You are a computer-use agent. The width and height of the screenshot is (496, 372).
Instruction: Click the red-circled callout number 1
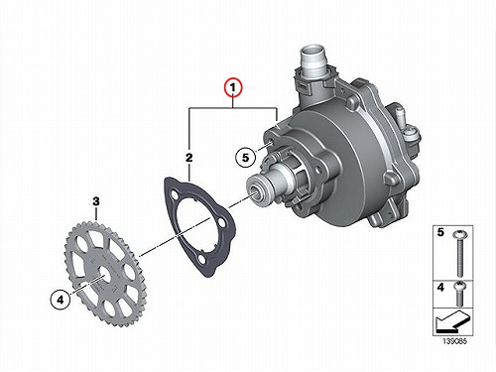pyautogui.click(x=233, y=87)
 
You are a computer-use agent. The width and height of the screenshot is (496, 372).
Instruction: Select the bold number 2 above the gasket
pyautogui.click(x=188, y=158)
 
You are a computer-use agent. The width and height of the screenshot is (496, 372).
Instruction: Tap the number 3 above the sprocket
pyautogui.click(x=96, y=201)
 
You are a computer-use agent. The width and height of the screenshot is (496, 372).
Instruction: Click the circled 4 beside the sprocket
pyautogui.click(x=60, y=300)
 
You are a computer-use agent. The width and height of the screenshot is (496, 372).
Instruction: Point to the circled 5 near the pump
pyautogui.click(x=246, y=157)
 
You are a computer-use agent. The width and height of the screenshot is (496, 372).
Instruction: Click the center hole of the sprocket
pyautogui.click(x=104, y=277)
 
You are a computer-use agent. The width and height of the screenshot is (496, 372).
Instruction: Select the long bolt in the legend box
pyautogui.click(x=460, y=254)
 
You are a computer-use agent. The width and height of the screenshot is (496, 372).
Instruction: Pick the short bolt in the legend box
pyautogui.click(x=460, y=294)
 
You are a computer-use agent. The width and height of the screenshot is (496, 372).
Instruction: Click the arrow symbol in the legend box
pyautogui.click(x=451, y=320)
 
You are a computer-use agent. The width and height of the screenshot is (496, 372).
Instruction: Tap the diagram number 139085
pyautogui.click(x=454, y=340)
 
